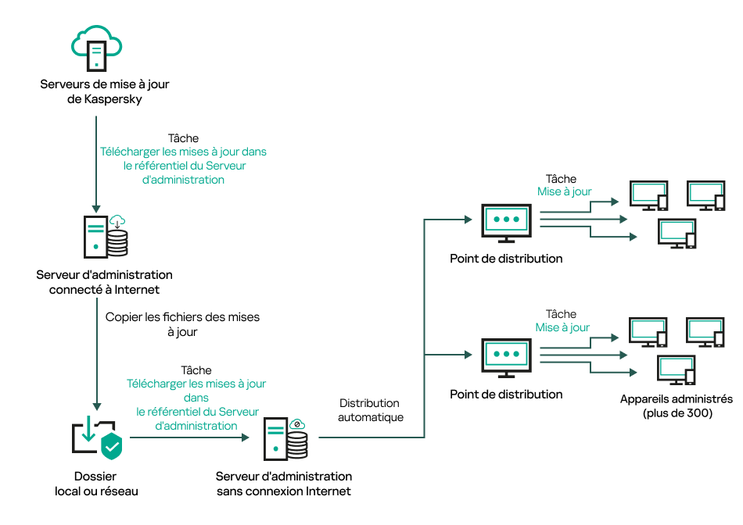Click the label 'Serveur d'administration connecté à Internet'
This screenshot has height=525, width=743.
[104, 282]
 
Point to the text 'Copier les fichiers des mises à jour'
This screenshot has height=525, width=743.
[181, 324]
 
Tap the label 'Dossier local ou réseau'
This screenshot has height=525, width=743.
[96, 484]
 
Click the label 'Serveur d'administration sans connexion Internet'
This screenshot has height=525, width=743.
[284, 484]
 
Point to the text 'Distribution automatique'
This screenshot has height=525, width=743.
[369, 410]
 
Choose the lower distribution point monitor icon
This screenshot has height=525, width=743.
[505, 358]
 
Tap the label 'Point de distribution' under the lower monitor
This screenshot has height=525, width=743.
[506, 395]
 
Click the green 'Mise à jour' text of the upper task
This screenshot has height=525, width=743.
[564, 191]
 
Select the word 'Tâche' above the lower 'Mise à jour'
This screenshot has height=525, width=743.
[561, 314]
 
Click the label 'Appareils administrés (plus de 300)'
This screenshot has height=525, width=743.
[677, 405]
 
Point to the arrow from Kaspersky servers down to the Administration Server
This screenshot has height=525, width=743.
[95, 164]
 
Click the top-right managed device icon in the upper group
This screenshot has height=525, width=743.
[705, 196]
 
